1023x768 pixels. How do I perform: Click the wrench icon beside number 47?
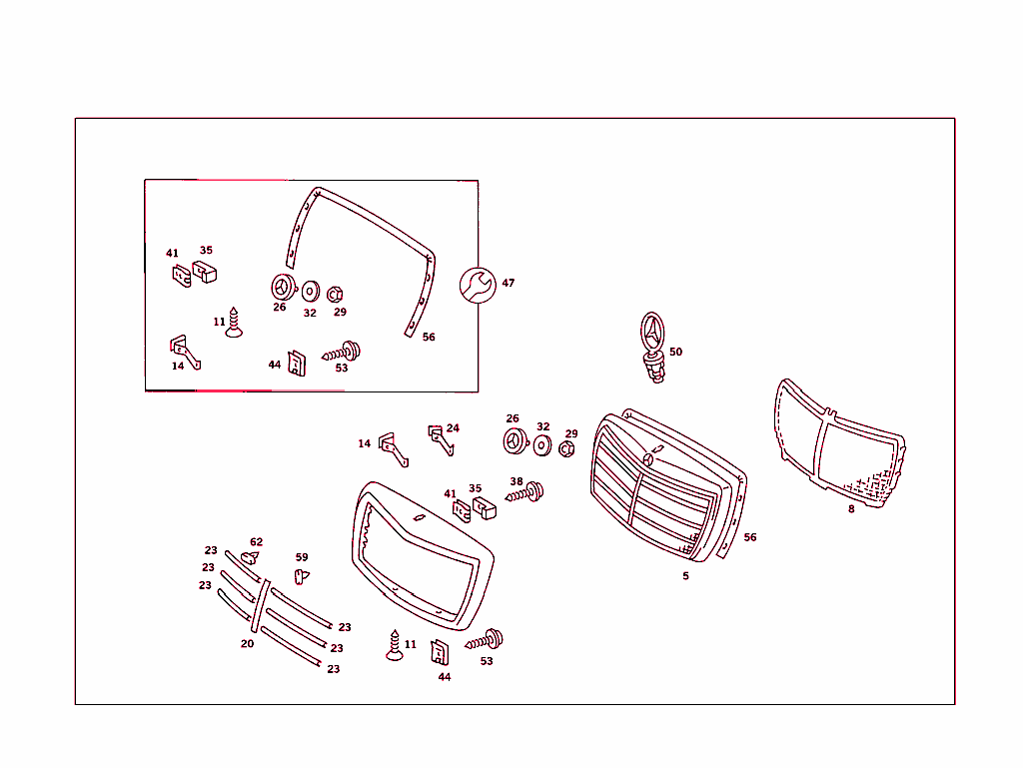pyautogui.click(x=476, y=285)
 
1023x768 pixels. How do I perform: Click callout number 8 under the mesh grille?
pyautogui.click(x=851, y=508)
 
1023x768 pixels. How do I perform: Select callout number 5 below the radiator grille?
pyautogui.click(x=685, y=576)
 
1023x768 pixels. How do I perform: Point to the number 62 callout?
pyautogui.click(x=257, y=542)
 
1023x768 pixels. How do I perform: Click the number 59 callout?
pyautogui.click(x=302, y=558)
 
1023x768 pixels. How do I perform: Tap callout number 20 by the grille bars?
pyautogui.click(x=247, y=644)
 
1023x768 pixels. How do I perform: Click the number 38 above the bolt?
pyautogui.click(x=516, y=481)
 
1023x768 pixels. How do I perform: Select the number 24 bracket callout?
pyautogui.click(x=453, y=428)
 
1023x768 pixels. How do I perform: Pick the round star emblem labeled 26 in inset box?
pyautogui.click(x=282, y=287)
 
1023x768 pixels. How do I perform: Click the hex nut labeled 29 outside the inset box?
pyautogui.click(x=565, y=449)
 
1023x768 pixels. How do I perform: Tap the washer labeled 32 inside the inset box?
pyautogui.click(x=310, y=292)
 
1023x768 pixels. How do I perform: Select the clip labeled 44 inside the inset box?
pyautogui.click(x=297, y=362)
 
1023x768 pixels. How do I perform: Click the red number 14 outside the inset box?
pyautogui.click(x=365, y=443)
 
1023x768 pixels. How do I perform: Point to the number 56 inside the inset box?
pyautogui.click(x=429, y=338)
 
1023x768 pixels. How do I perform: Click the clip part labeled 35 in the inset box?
pyautogui.click(x=205, y=272)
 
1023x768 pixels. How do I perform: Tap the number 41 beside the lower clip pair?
pyautogui.click(x=450, y=494)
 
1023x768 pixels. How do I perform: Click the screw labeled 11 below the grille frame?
pyautogui.click(x=395, y=647)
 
